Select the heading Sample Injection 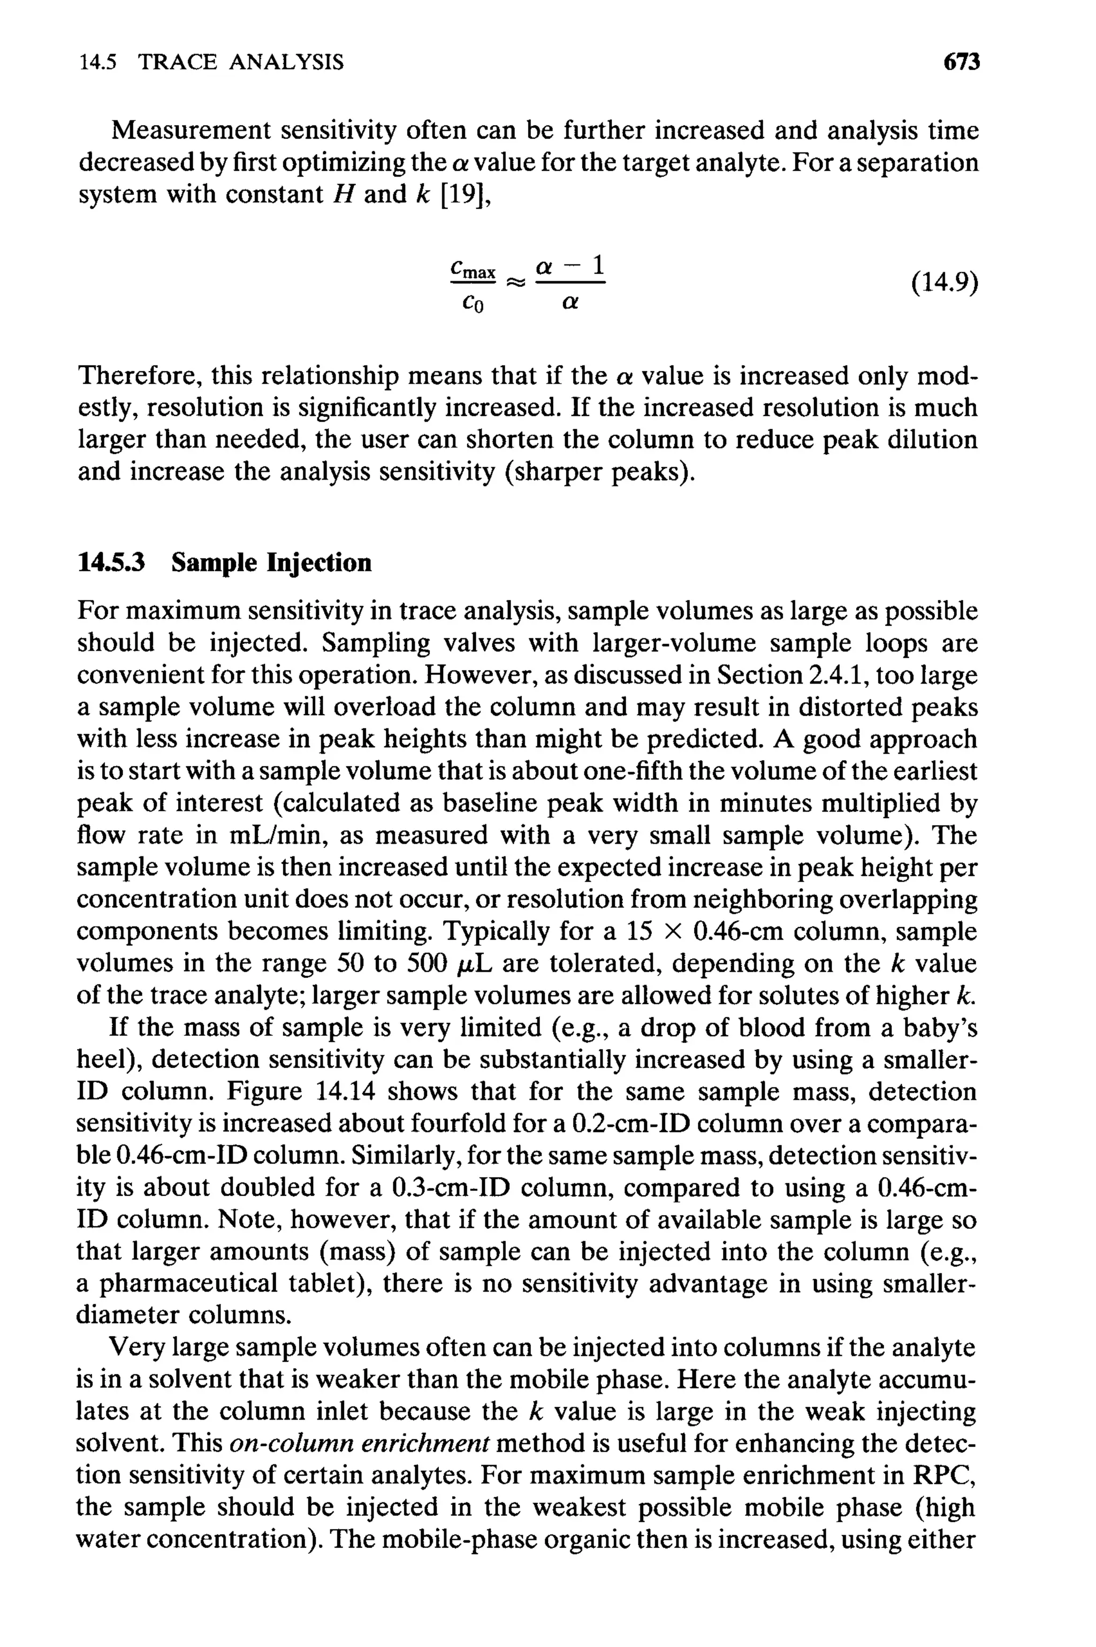pyautogui.click(x=271, y=562)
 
